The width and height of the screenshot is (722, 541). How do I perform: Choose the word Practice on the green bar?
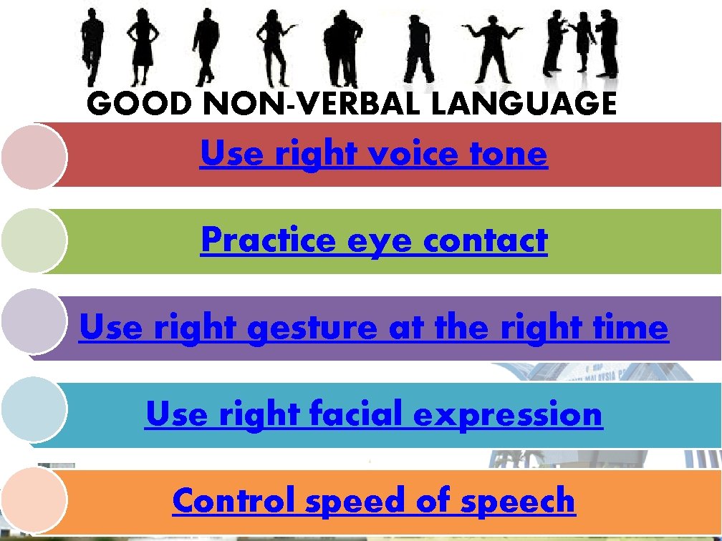pyautogui.click(x=269, y=240)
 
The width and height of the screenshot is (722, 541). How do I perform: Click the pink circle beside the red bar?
pyautogui.click(x=34, y=155)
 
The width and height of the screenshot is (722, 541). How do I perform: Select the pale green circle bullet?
pyautogui.click(x=34, y=242)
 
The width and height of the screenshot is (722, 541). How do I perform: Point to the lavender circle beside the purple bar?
pyautogui.click(x=34, y=321)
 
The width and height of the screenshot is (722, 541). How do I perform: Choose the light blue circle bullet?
pyautogui.click(x=34, y=407)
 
